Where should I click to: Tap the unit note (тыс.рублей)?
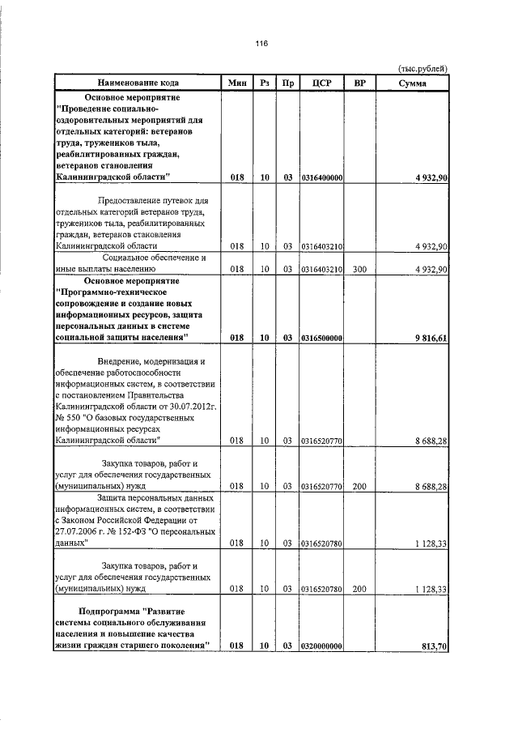[423, 69]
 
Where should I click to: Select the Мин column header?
[237, 83]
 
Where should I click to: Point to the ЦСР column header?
[322, 83]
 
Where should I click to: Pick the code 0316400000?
[322, 177]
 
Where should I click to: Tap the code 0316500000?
[322, 338]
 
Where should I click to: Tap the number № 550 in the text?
[70, 418]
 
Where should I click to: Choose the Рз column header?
[264, 83]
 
